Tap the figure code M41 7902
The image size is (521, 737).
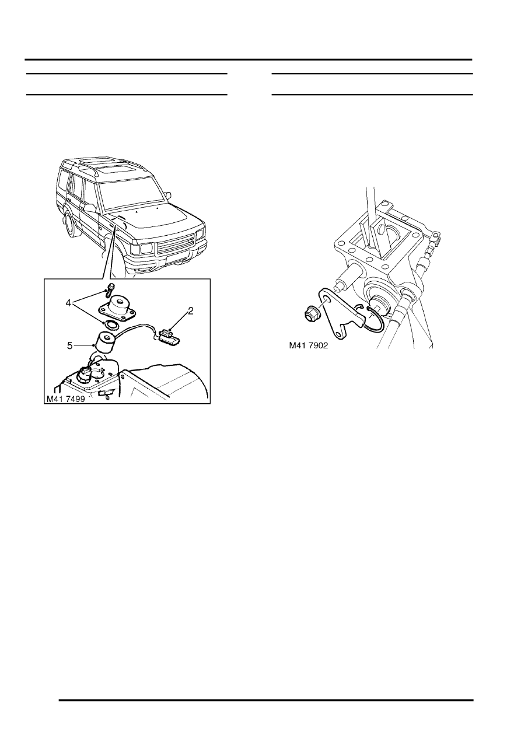point(310,345)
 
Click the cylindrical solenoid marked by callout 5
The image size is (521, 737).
point(106,343)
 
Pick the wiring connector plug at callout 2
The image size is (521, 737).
point(165,335)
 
